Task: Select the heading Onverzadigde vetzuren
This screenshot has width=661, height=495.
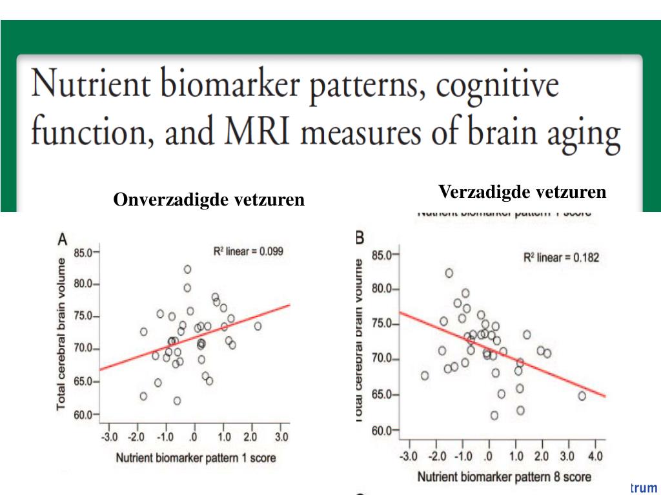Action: pos(208,200)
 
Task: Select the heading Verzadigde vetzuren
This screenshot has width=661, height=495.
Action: pos(522,192)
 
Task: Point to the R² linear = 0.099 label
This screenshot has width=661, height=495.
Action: pos(248,251)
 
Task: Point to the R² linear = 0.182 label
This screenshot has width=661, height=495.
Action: pos(561,258)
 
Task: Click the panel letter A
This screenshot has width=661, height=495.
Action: pos(63,240)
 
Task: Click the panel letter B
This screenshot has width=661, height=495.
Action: pos(360,238)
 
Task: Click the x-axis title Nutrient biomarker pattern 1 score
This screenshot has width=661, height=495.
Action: pos(196,458)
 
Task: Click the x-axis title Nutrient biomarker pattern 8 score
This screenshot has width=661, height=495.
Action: pos(504,477)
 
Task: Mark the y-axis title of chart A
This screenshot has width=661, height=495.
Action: pos(63,334)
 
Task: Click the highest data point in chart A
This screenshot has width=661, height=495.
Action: pos(187,269)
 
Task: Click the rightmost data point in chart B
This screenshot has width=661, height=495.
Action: pos(582,396)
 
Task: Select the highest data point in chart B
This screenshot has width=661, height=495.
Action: pos(449,273)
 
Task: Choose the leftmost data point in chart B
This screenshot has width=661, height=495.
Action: pos(424,375)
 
